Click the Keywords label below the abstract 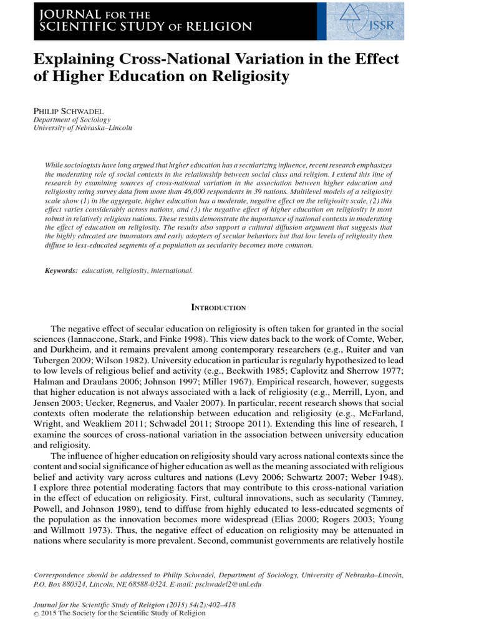coord(61,271)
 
